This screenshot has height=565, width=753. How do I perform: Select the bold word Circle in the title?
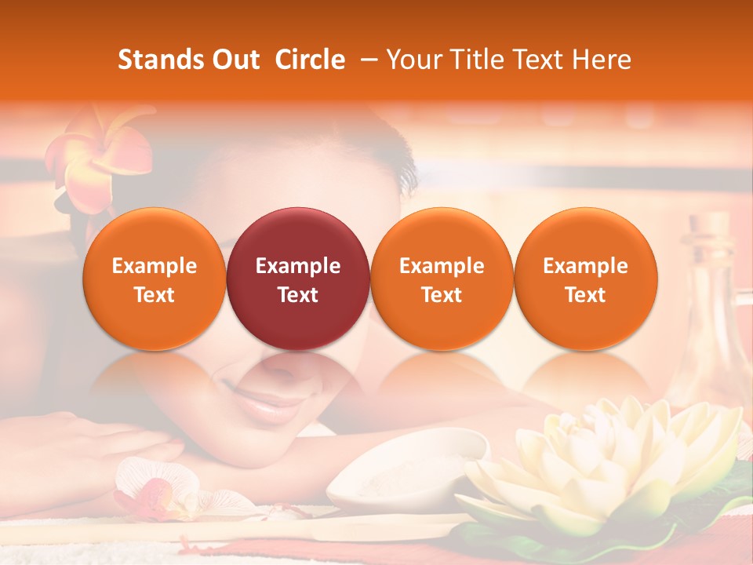point(310,60)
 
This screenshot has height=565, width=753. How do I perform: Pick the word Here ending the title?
point(602,60)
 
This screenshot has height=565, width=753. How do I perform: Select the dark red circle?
point(298,279)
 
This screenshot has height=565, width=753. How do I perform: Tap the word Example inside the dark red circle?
point(298,266)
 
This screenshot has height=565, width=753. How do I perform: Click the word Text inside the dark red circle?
point(298,295)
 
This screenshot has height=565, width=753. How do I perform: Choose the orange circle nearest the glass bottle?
point(586,279)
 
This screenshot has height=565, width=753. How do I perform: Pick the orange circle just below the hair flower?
point(155,279)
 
